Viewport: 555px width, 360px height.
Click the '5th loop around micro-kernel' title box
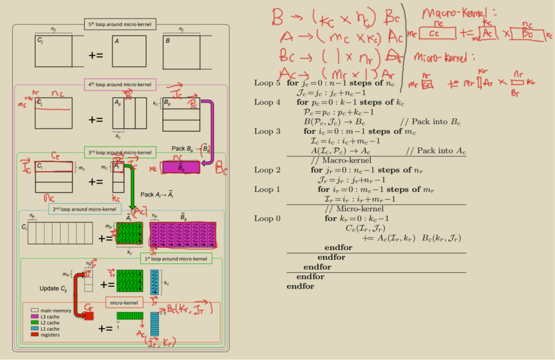coord(120,23)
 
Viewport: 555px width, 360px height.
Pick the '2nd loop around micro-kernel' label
coord(85,209)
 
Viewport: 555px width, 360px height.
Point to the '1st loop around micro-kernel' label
coord(176,259)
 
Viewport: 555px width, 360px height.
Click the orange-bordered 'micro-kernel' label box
coord(124,303)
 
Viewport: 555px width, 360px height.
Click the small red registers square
coord(88,316)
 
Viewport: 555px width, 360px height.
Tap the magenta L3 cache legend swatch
coord(34,317)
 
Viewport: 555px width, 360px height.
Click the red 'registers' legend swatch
coord(34,335)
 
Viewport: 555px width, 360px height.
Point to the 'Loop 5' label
coord(267,83)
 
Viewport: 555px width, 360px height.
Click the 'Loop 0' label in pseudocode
coord(267,219)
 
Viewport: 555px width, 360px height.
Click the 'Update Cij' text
coord(53,289)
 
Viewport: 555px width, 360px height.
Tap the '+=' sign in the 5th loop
coord(96,55)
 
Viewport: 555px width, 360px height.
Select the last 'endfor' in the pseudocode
coord(300,286)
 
